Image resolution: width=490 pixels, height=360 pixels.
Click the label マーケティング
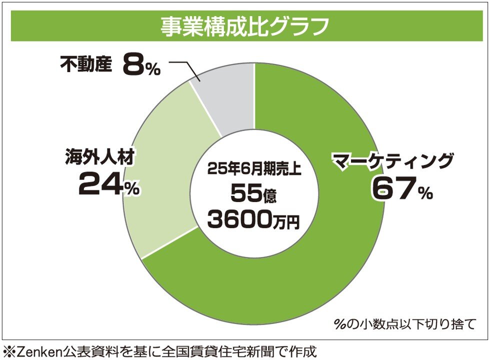(x=393, y=161)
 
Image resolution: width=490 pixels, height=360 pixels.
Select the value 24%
(x=108, y=185)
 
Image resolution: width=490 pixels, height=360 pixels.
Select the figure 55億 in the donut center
(x=254, y=193)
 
